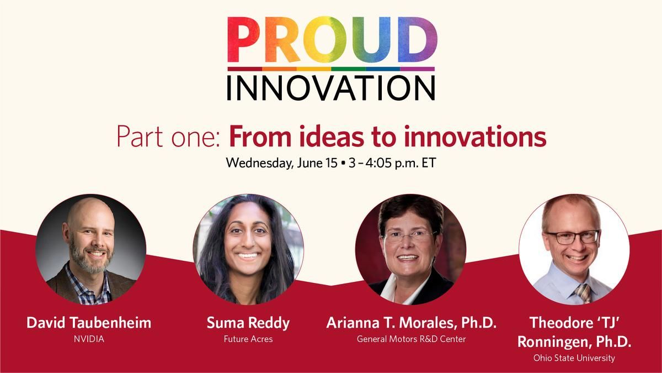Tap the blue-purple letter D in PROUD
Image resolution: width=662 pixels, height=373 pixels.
(417, 40)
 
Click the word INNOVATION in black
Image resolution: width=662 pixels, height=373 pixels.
(330, 88)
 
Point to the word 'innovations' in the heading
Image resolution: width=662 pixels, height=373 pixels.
(475, 136)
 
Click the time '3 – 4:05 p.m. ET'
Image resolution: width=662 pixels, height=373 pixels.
(392, 163)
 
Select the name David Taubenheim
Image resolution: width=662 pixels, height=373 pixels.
(89, 322)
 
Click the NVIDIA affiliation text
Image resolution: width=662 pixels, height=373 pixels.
(89, 339)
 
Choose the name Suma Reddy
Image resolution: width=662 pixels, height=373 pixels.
(248, 323)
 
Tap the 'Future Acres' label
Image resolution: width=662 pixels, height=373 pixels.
(248, 339)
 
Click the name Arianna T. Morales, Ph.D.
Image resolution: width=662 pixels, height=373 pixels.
(412, 323)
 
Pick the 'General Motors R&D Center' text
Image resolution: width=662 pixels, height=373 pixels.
(412, 339)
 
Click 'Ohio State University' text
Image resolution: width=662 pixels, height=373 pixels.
(574, 358)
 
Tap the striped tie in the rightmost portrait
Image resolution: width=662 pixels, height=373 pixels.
(583, 293)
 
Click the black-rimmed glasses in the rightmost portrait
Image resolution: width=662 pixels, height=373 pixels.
(573, 237)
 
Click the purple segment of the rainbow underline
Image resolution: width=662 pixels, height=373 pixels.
(417, 69)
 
